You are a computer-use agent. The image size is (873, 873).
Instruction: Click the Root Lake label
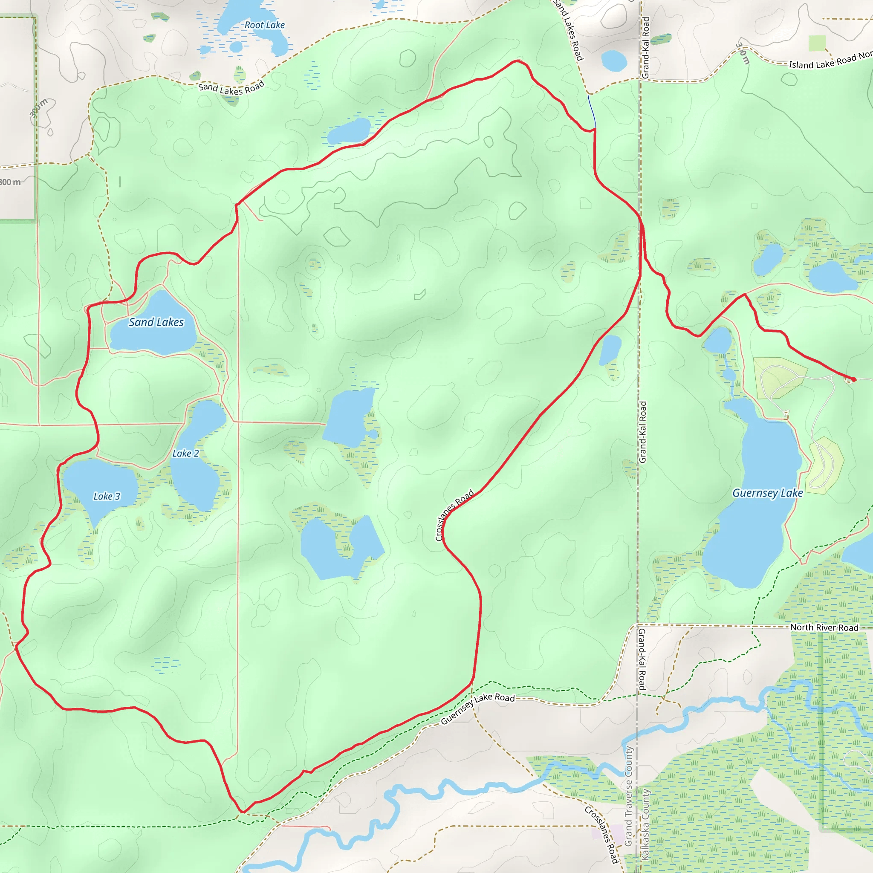(x=264, y=25)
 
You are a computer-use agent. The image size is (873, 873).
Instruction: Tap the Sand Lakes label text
(x=156, y=322)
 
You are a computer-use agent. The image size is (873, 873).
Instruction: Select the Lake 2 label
(x=185, y=453)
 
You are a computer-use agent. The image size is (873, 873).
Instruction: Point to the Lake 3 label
(x=107, y=496)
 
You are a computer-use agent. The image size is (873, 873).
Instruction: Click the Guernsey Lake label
(x=767, y=493)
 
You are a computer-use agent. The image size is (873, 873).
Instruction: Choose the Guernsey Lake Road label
(x=477, y=708)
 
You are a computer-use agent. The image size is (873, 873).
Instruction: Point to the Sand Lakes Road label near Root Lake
(x=231, y=88)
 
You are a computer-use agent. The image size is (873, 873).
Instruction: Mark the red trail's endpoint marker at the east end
(x=853, y=379)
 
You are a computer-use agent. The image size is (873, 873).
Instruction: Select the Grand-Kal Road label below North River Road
(x=642, y=659)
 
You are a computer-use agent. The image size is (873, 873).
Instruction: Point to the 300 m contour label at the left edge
(x=10, y=182)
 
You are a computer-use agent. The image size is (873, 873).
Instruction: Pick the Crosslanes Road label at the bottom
(x=601, y=834)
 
